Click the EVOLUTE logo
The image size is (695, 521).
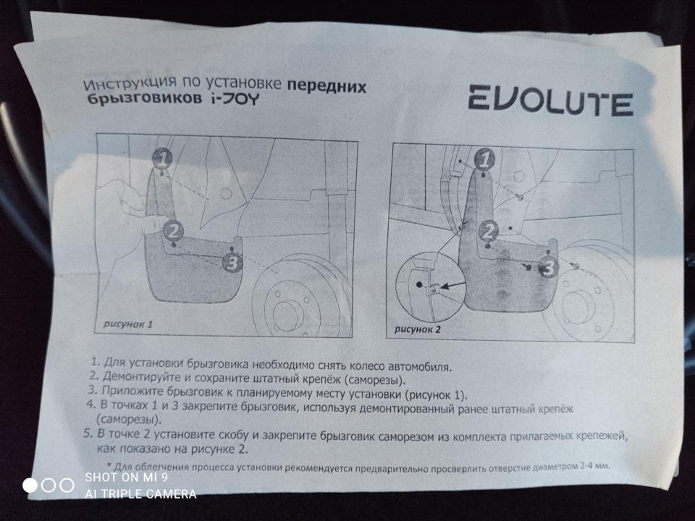(549, 100)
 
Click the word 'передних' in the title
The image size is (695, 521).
(327, 87)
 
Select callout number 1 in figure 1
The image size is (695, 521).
(163, 157)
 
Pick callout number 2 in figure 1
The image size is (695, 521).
(173, 231)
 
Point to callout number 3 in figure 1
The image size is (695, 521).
(231, 263)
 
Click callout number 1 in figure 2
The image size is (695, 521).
(486, 158)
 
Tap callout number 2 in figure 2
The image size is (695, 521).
(489, 232)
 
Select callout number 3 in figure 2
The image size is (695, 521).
(549, 268)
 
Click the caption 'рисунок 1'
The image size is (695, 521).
(127, 324)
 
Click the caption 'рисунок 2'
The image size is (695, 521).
(418, 329)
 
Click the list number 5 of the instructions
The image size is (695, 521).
(88, 434)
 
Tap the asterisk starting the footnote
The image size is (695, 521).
(109, 465)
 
